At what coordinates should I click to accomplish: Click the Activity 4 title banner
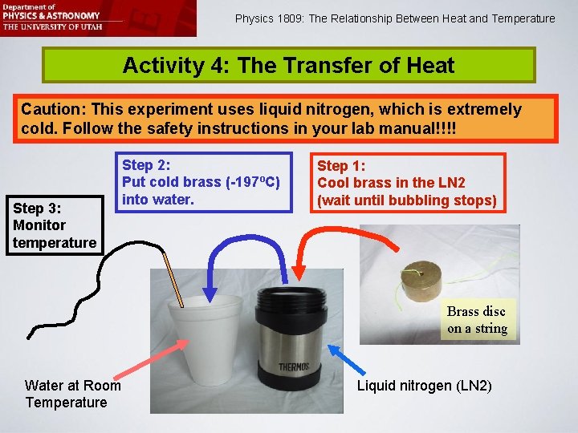coord(288,66)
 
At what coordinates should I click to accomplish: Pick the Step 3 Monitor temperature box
coord(55,225)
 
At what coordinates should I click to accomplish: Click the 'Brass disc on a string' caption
coord(477,320)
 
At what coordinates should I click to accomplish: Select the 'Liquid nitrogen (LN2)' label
coord(424,386)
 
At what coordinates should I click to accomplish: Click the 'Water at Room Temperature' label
coord(73,394)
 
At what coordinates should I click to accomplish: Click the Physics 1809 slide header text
coord(394,18)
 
